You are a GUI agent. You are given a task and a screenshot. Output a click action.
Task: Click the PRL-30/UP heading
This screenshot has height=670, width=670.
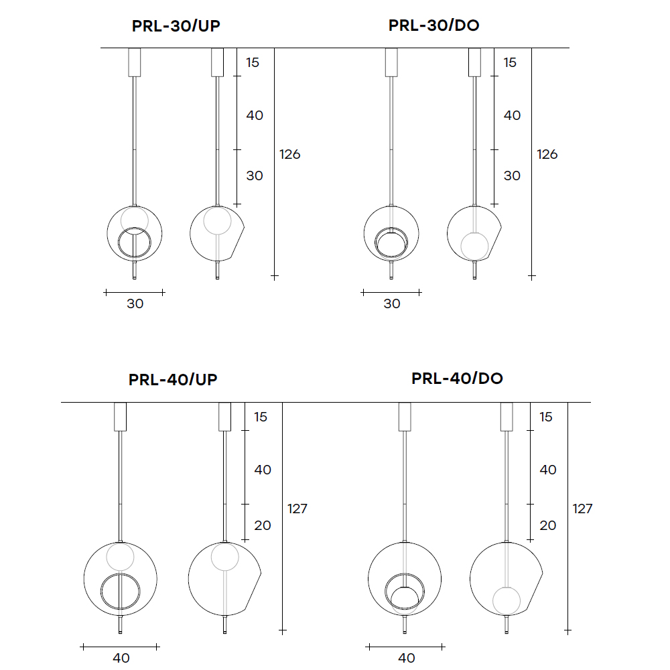click(176, 26)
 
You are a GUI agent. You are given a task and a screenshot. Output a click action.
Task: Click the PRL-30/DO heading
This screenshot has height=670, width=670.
click(433, 25)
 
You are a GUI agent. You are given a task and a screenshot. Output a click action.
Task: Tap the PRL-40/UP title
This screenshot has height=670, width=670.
click(173, 380)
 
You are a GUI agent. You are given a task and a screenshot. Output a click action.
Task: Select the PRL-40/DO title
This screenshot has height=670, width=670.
click(457, 379)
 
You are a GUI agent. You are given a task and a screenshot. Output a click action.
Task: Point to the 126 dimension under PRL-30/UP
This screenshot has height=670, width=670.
click(289, 154)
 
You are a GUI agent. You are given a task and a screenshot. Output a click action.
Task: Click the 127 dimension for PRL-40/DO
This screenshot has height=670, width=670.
click(582, 509)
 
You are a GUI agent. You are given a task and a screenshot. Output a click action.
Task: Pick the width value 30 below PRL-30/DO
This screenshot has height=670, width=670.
click(392, 304)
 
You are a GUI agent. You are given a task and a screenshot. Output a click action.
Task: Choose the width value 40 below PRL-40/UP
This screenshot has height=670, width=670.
click(121, 658)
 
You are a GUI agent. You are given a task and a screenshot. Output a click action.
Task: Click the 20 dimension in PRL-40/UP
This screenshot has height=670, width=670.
click(263, 525)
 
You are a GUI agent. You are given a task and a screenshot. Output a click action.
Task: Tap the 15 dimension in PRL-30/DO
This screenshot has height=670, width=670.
click(510, 62)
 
